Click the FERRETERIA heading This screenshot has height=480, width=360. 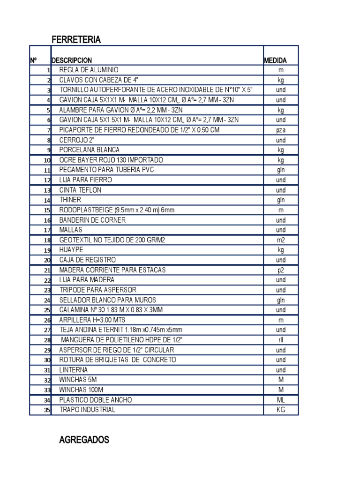(x=76, y=40)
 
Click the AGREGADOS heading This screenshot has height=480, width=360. (x=84, y=440)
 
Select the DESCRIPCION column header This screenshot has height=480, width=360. (x=72, y=60)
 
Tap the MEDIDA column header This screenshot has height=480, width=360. (x=275, y=60)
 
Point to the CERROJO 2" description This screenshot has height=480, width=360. (x=76, y=140)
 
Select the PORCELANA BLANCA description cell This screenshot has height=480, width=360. (x=89, y=150)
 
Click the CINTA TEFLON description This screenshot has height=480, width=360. (x=80, y=190)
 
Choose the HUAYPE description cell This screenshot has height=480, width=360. (x=71, y=250)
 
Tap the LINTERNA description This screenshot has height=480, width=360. (x=74, y=370)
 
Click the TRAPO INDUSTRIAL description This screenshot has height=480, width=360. (x=87, y=410)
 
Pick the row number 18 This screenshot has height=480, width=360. (x=47, y=240)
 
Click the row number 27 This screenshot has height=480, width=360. (x=47, y=330)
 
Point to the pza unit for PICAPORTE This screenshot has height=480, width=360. (x=280, y=130)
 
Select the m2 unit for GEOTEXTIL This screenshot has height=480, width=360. (x=280, y=240)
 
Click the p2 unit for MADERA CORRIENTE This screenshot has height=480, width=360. (x=280, y=270)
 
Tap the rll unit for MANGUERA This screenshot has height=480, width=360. (x=280, y=340)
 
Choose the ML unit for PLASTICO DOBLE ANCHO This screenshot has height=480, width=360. (x=280, y=400)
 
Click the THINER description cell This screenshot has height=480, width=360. (x=70, y=200)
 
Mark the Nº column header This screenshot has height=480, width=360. (x=34, y=60)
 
